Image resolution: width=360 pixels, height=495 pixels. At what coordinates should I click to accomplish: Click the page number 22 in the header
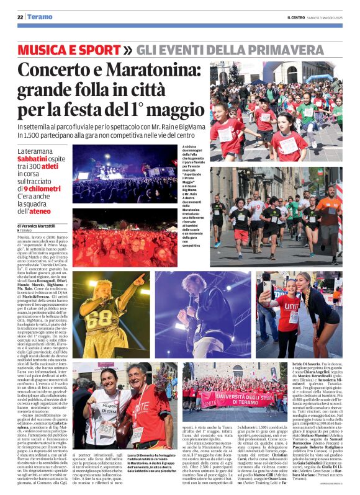tap(20, 17)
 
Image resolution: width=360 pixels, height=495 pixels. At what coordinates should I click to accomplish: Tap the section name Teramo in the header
tap(39, 17)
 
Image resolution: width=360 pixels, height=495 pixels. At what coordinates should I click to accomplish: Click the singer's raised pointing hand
tap(140, 280)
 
